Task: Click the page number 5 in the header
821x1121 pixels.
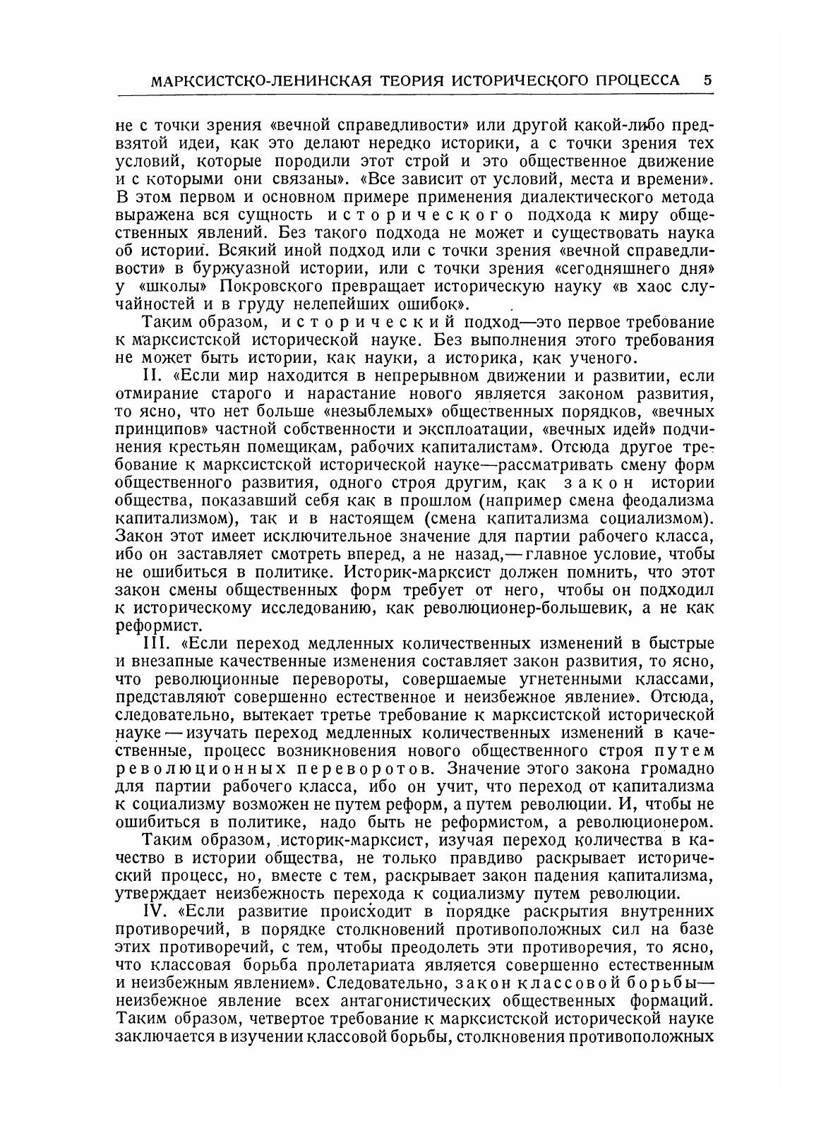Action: tap(707, 80)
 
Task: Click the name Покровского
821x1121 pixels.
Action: tap(277, 287)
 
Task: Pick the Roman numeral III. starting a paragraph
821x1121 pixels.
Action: tap(155, 643)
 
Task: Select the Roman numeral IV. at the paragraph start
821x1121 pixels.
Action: tap(155, 911)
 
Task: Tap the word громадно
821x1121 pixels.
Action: tap(666, 768)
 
